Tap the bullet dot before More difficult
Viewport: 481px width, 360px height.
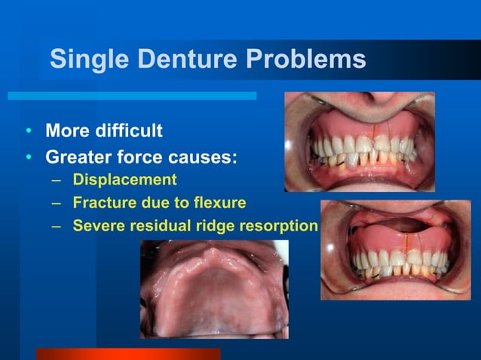click(28, 132)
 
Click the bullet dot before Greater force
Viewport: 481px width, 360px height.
click(28, 159)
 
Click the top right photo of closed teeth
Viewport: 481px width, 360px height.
click(359, 142)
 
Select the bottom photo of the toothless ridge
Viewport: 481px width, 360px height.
click(214, 288)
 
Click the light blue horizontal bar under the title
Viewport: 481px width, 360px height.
click(132, 96)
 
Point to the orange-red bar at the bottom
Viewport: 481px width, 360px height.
click(128, 354)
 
